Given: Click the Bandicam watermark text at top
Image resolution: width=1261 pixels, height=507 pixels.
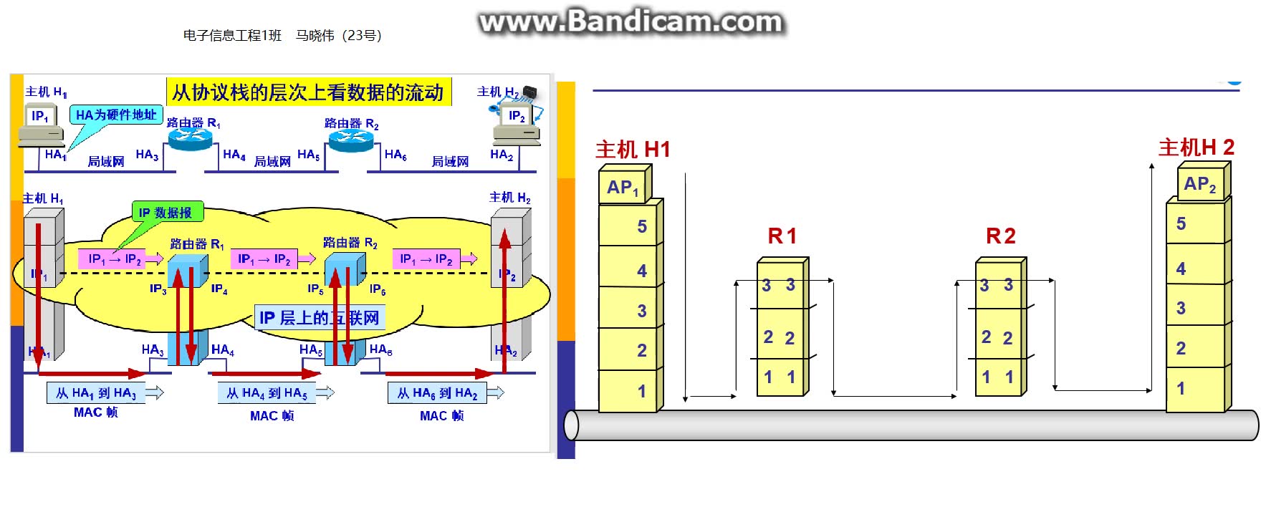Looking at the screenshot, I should [x=630, y=21].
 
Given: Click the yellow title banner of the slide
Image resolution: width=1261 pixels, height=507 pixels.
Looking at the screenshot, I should [x=308, y=92].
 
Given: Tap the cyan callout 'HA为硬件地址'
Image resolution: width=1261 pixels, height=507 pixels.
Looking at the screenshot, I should [x=115, y=115].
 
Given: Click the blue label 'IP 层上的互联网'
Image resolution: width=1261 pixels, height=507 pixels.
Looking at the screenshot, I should [x=320, y=317].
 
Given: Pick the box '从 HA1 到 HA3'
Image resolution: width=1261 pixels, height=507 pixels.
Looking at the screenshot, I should [x=96, y=392].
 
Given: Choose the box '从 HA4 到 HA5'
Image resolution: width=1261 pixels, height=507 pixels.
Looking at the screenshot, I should [x=267, y=392].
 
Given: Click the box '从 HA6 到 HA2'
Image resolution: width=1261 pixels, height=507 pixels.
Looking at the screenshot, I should [x=437, y=392].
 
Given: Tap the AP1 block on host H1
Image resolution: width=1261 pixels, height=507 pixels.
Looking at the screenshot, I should [x=623, y=187].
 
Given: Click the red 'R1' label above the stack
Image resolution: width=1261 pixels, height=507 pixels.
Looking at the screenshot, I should [x=782, y=236].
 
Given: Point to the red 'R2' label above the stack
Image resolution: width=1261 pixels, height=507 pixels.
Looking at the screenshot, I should [x=1000, y=236].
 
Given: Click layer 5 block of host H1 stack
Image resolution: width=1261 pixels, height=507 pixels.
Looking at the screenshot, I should [x=628, y=226].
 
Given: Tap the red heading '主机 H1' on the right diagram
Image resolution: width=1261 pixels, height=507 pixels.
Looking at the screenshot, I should [x=633, y=149].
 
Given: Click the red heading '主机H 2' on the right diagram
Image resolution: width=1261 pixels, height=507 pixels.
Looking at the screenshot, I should [x=1196, y=147].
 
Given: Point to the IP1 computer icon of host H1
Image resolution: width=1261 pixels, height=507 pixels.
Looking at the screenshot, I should [x=41, y=126].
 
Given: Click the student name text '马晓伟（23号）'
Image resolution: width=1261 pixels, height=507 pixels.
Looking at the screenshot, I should [x=339, y=35].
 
